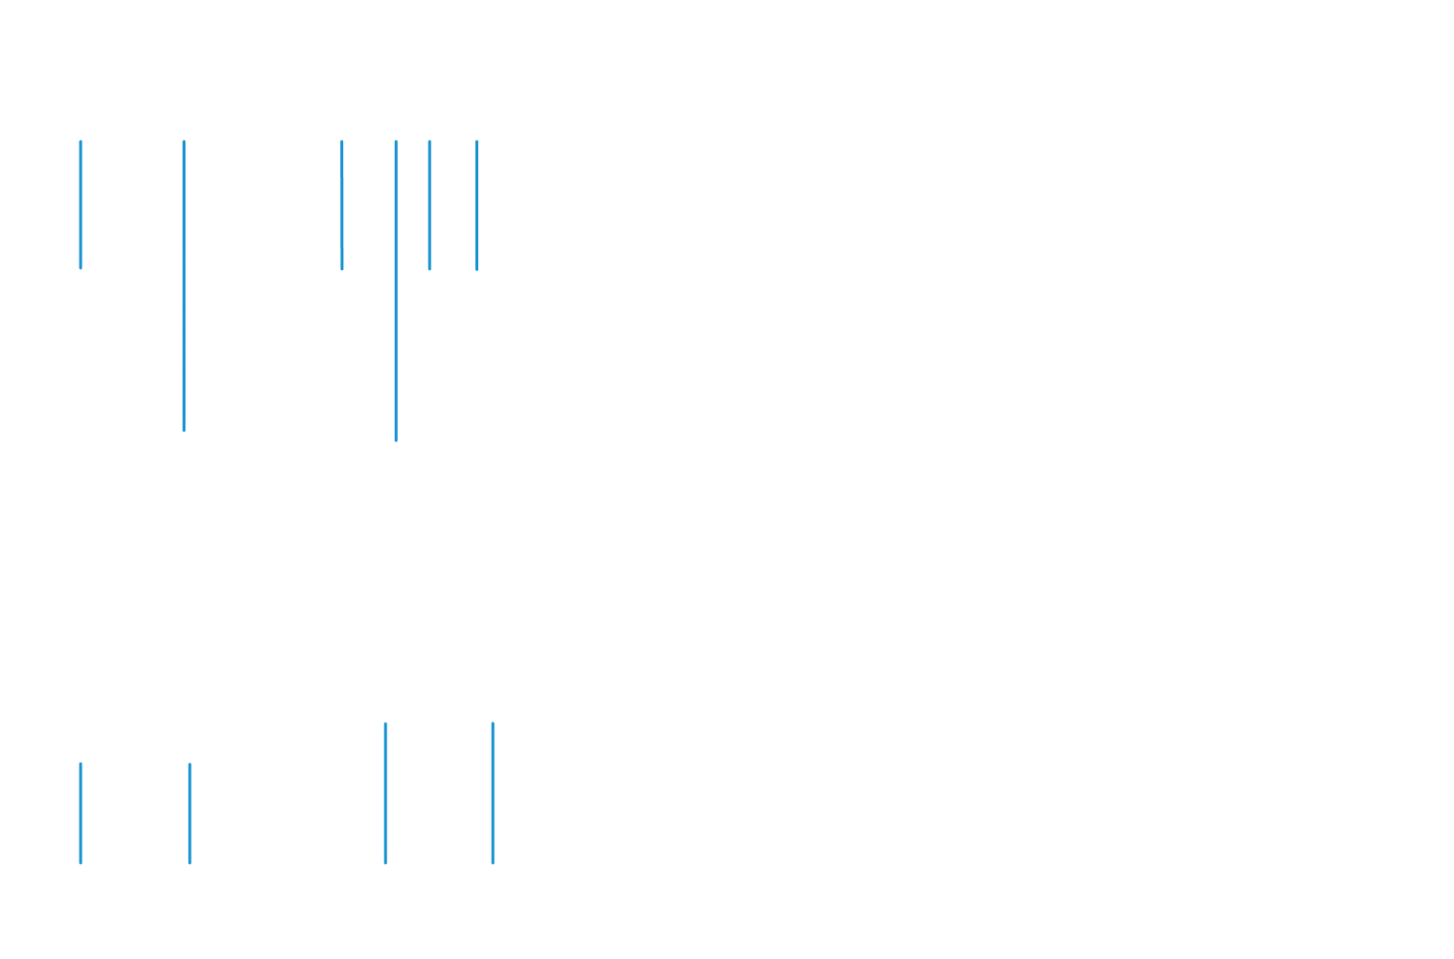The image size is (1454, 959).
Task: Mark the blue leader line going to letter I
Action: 385,795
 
